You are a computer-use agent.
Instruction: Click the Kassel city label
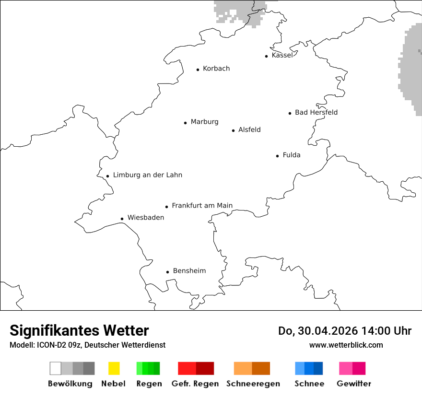pos(282,55)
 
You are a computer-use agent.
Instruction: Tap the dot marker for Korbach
pos(198,70)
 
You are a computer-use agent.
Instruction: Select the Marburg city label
pos(204,122)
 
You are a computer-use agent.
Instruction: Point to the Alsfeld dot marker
pos(234,130)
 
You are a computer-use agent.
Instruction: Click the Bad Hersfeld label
pos(316,112)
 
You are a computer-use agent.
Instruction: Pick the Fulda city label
pos(292,155)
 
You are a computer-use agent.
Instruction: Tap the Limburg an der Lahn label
pos(148,175)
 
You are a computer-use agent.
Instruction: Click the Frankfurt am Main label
pos(202,206)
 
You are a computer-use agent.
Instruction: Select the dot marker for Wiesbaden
pos(122,219)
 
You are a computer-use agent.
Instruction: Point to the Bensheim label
pos(189,271)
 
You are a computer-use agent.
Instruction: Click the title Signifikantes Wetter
pos(79,331)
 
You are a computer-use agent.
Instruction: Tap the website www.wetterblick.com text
pos(346,345)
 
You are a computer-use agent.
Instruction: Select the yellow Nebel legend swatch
pos(114,368)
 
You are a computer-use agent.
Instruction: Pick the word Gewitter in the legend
pos(354,384)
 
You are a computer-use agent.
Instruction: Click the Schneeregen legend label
pos(253,384)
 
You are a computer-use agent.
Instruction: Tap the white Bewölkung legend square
pos(56,368)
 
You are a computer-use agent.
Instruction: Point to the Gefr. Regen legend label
pos(195,384)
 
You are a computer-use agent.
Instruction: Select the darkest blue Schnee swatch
pos(318,368)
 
